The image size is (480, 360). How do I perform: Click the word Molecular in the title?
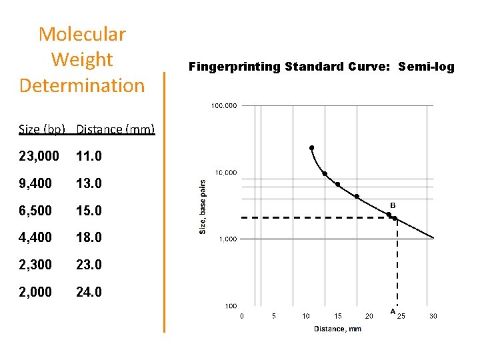[82, 34]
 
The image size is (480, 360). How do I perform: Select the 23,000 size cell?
[39, 156]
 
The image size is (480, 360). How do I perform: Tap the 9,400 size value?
[35, 183]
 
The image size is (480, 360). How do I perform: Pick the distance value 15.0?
[89, 211]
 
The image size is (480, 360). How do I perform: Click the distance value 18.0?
[89, 237]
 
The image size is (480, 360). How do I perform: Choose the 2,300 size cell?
[35, 265]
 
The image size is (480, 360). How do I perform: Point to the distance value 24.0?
[89, 291]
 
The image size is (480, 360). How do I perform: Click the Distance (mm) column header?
[115, 129]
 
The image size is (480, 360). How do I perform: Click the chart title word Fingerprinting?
[234, 67]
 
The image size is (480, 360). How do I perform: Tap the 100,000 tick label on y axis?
[223, 105]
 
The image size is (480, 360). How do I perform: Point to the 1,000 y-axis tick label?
[227, 239]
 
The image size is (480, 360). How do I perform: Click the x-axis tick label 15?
[338, 316]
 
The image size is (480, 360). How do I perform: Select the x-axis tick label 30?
[433, 316]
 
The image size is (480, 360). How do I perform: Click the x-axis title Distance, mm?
[337, 328]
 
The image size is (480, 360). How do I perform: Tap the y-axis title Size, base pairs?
[203, 205]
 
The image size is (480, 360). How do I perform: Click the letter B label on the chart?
[393, 205]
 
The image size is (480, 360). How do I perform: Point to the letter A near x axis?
[393, 311]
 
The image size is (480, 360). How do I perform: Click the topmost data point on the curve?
[311, 148]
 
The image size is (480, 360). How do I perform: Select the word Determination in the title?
[82, 85]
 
